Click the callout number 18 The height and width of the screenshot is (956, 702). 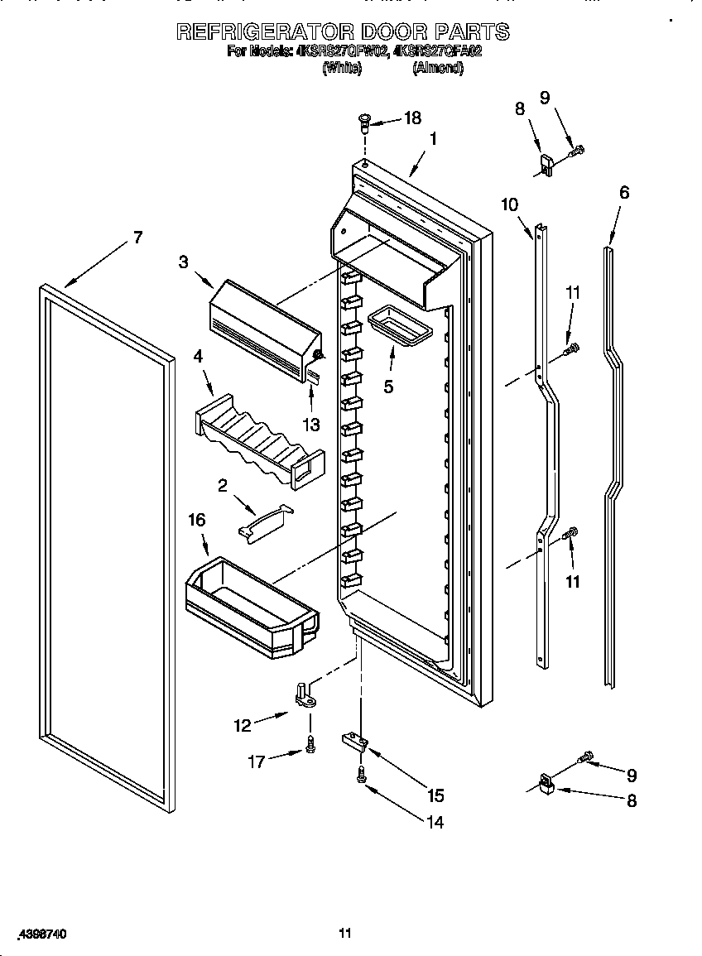[x=411, y=118]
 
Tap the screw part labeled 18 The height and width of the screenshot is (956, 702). [x=363, y=123]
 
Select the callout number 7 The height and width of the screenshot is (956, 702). [x=137, y=238]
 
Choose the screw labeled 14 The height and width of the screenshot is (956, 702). [x=362, y=775]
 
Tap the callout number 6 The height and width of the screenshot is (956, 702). [x=624, y=192]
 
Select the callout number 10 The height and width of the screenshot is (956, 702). [x=510, y=204]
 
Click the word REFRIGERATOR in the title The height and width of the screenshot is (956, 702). [x=263, y=31]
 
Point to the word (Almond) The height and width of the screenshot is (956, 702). [x=437, y=69]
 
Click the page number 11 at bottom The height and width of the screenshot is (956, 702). [x=345, y=933]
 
